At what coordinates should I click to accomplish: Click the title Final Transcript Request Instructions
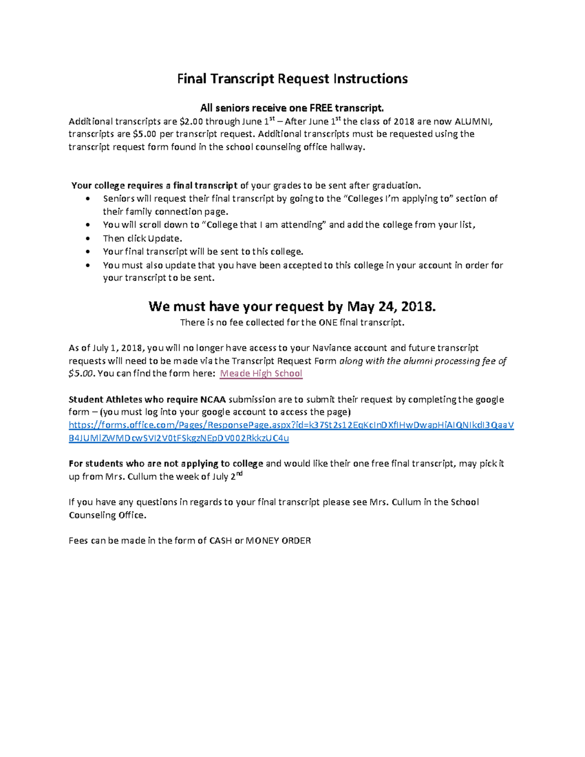(x=292, y=79)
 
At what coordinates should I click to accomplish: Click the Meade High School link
(x=261, y=373)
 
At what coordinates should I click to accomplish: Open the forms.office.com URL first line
(x=291, y=425)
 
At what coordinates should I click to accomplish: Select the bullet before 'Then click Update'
(x=88, y=239)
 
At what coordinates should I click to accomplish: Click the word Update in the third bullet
(x=164, y=238)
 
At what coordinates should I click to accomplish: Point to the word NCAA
(x=213, y=400)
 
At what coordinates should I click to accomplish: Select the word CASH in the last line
(x=220, y=541)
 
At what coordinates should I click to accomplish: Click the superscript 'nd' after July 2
(x=239, y=474)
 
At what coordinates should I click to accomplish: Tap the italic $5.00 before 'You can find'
(x=81, y=374)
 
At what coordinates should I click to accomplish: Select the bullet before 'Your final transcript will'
(x=88, y=252)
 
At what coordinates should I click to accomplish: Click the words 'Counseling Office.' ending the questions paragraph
(x=107, y=515)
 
